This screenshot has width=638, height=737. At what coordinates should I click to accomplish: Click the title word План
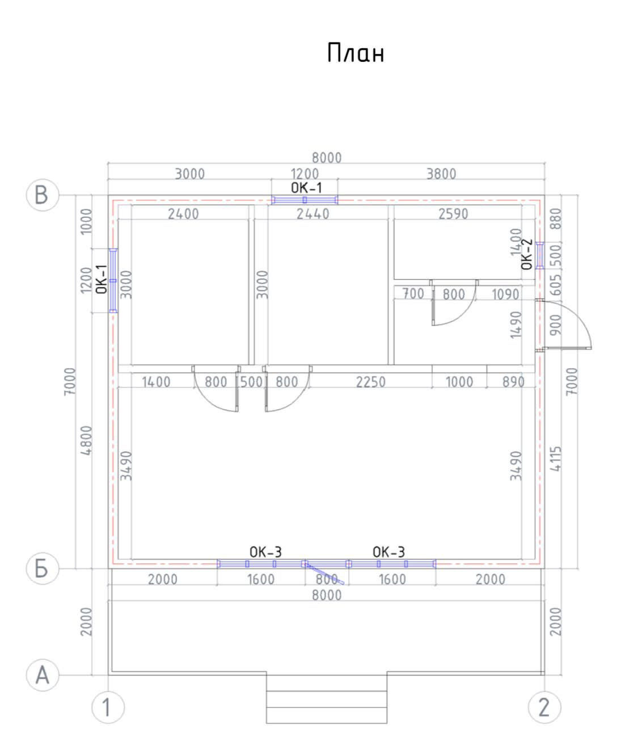coord(356,53)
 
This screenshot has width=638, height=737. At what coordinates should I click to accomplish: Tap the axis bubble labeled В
coord(43,195)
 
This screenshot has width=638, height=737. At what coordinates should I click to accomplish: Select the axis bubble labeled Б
coord(43,568)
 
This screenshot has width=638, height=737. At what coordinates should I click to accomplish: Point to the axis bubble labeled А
coord(43,675)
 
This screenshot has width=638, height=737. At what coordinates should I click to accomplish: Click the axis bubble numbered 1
coord(108,707)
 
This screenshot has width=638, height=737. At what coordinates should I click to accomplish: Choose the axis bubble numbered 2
coord(544,707)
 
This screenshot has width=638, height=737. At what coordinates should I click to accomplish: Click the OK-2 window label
coord(526,254)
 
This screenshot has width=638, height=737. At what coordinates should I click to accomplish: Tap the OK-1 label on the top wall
coord(306,188)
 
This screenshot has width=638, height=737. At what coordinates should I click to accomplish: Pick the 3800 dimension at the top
coord(441,174)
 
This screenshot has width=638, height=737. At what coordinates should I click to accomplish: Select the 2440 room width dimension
coord(313,214)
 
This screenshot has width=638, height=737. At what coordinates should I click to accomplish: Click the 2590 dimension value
coord(453,214)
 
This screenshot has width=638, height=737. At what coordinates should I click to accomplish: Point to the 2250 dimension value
coord(371,382)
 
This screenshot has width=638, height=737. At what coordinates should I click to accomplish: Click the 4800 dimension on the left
coord(86,440)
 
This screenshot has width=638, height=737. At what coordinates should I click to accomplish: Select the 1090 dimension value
coord(505,294)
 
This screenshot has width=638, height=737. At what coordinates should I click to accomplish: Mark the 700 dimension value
coord(413,294)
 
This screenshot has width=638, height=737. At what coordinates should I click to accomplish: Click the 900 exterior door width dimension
coord(556,325)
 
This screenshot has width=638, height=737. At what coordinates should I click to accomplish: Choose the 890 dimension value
coord(513,382)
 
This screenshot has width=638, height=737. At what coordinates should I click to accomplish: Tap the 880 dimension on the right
coord(556,219)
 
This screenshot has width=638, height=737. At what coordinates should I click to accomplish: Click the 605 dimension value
coord(556,285)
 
